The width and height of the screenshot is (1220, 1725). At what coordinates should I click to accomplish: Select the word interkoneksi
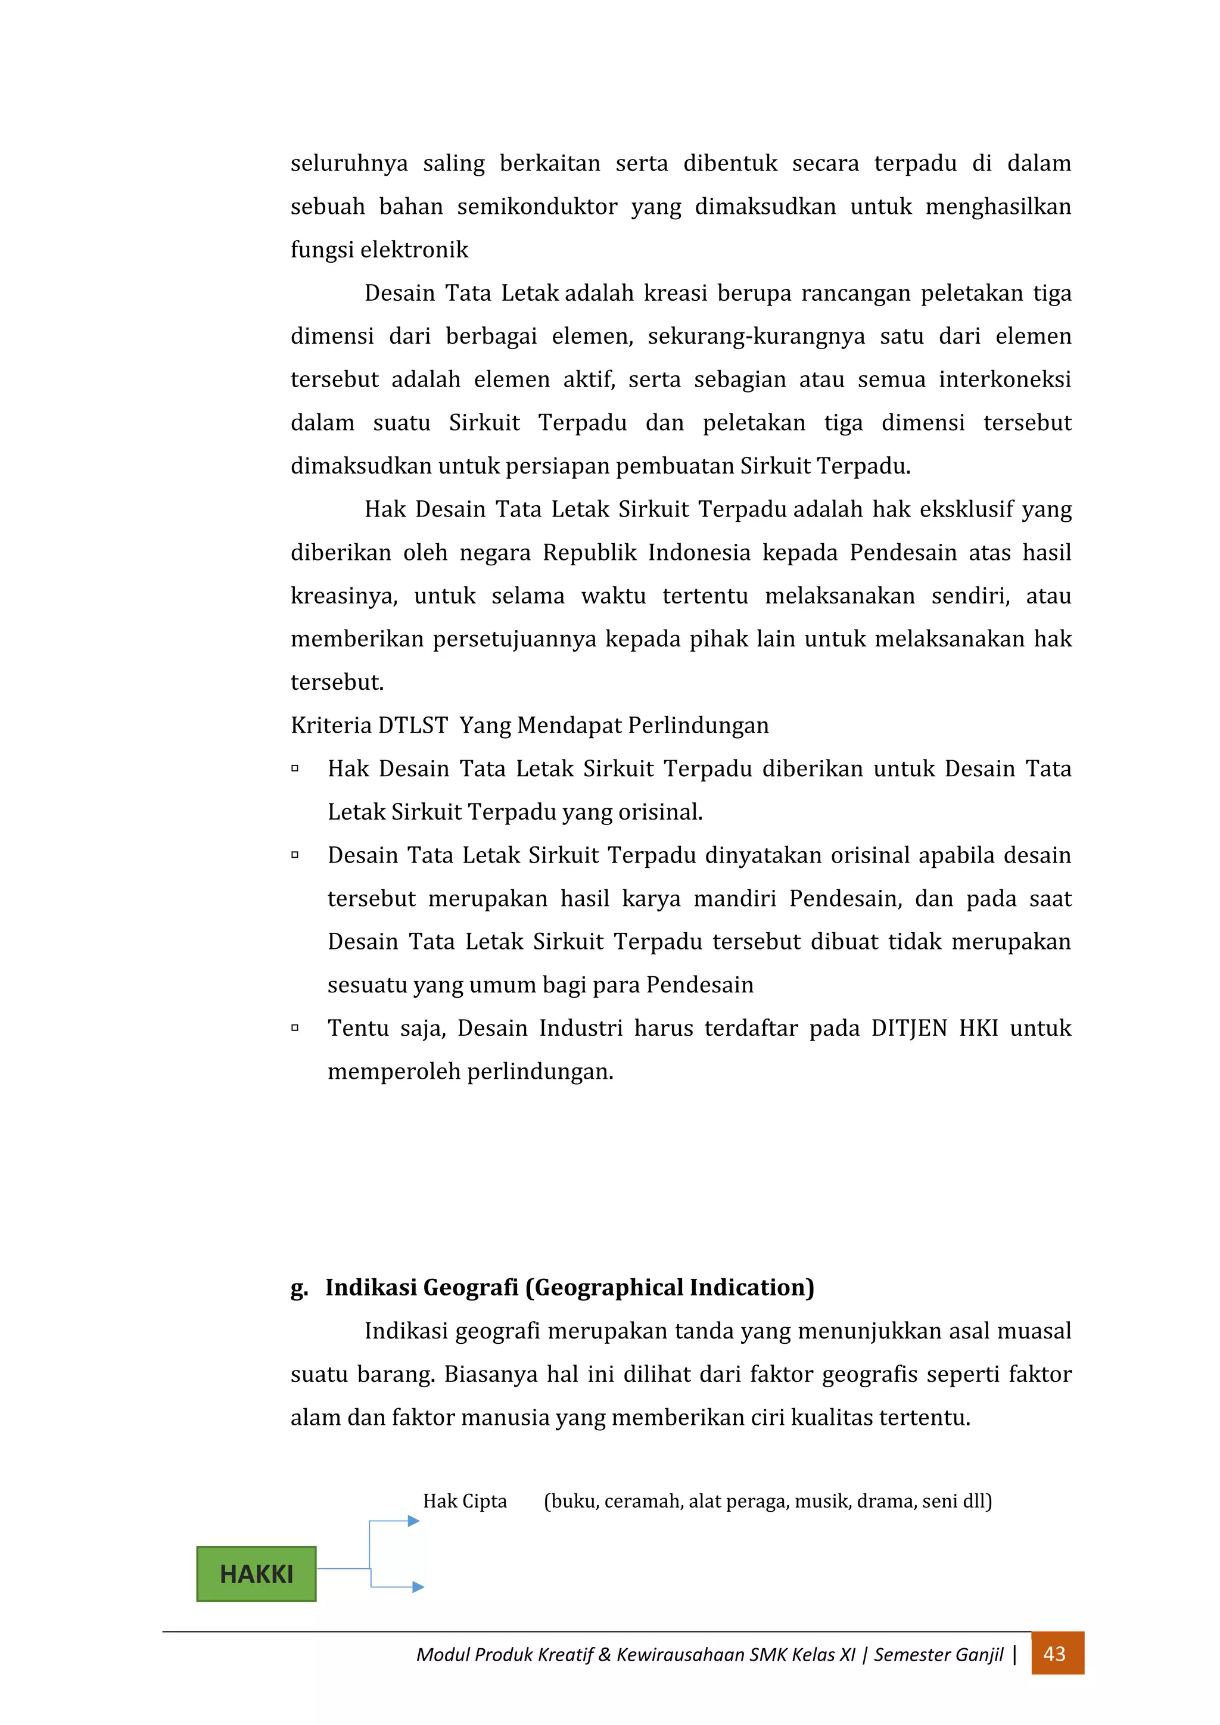pos(1004,379)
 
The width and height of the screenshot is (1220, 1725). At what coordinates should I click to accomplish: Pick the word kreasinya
pos(343,596)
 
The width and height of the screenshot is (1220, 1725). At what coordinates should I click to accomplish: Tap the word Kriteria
pos(331,726)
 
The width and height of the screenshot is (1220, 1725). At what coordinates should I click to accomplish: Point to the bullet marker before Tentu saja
pos(295,1027)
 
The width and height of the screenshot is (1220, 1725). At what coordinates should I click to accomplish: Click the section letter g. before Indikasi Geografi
pos(299,1288)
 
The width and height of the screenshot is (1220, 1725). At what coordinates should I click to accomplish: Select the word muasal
pos(1034,1331)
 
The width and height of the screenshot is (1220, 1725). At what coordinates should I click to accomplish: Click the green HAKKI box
pos(256,1574)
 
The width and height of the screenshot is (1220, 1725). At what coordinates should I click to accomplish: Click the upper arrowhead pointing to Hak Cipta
pos(413,1521)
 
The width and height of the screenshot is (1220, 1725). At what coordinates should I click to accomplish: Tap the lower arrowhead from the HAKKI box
pos(418,1587)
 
